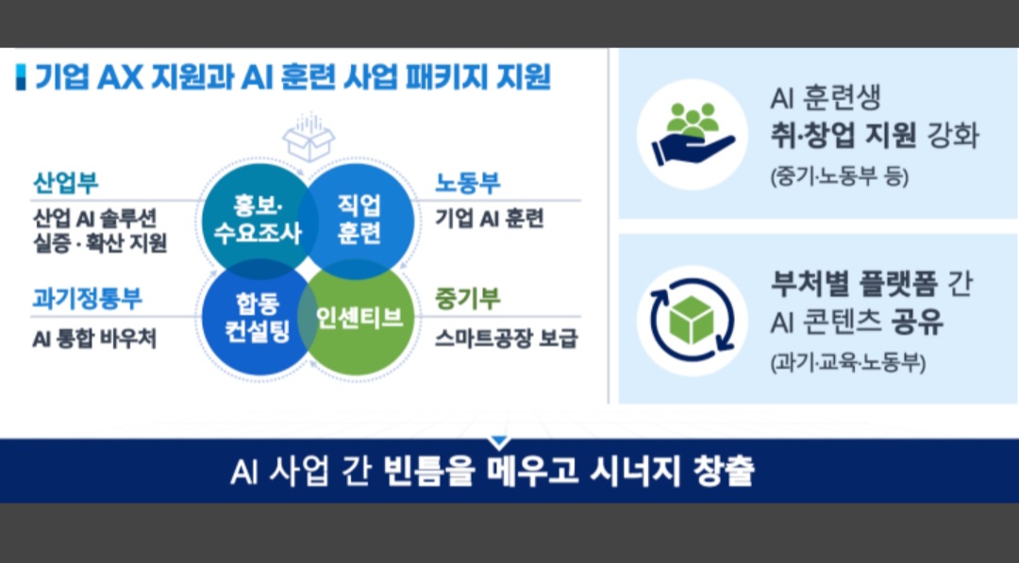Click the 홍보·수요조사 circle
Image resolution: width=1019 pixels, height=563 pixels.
pyautogui.click(x=252, y=219)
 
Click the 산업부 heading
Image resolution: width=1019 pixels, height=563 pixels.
pyautogui.click(x=65, y=184)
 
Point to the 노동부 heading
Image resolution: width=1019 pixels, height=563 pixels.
pyautogui.click(x=467, y=184)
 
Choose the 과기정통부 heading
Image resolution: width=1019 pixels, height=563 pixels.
pyautogui.click(x=87, y=299)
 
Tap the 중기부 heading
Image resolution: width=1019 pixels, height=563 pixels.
pyautogui.click(x=467, y=299)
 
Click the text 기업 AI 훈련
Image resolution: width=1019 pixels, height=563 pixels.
pyautogui.click(x=490, y=220)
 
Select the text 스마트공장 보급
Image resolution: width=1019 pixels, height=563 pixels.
pyautogui.click(x=506, y=337)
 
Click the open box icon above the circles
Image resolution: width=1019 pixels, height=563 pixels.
pyautogui.click(x=309, y=139)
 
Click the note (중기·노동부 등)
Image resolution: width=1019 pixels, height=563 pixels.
pyautogui.click(x=839, y=175)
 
